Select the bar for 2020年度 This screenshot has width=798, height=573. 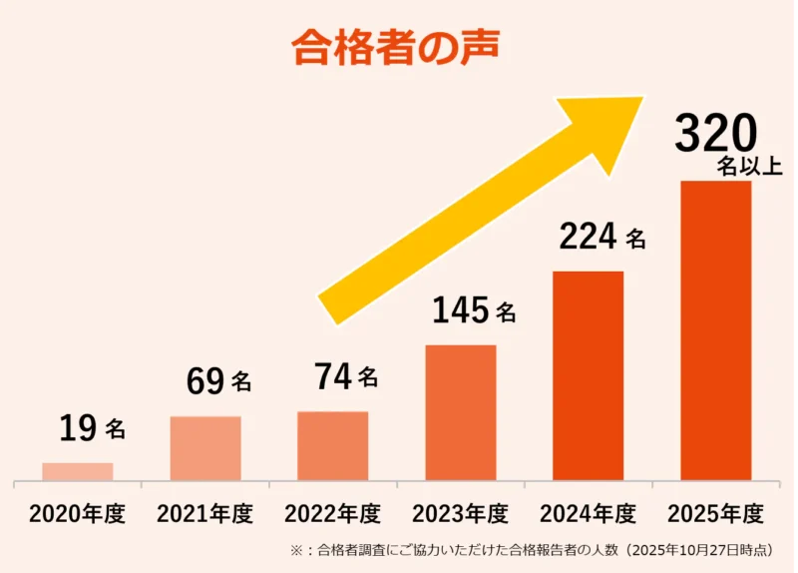[78, 471]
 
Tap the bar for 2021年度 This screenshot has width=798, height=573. [205, 448]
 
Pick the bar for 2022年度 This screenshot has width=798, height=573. [333, 446]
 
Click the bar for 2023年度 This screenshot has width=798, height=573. [461, 412]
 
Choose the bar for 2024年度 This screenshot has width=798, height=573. [589, 375]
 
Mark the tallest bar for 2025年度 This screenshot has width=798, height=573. [716, 330]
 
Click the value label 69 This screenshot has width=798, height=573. [205, 381]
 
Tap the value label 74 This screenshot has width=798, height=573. [332, 377]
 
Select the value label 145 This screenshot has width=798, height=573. [461, 311]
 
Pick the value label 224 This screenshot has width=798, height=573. [588, 238]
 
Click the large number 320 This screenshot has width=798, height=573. [715, 134]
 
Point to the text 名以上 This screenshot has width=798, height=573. [749, 167]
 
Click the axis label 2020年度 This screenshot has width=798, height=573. [78, 514]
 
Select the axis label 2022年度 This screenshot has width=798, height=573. [333, 514]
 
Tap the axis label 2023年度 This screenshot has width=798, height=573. [461, 514]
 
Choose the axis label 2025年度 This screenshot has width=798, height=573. [716, 514]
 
